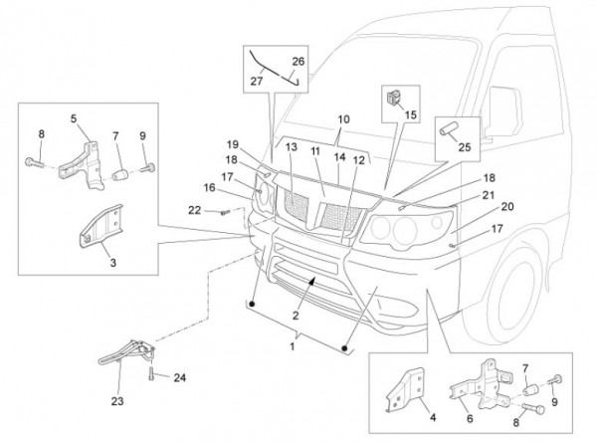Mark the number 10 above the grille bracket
pyautogui.click(x=344, y=119)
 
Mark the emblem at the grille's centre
pyautogui.click(x=325, y=208)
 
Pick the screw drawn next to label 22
pyautogui.click(x=224, y=211)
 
